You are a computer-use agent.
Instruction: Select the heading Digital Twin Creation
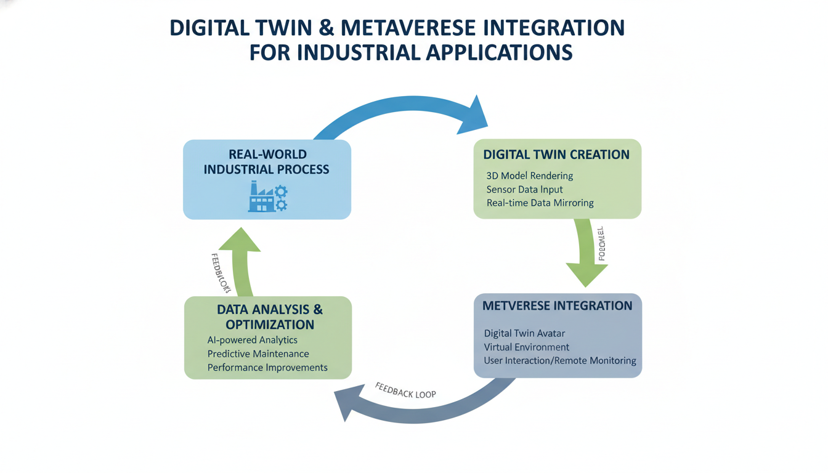click(x=556, y=154)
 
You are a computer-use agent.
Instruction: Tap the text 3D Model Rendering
click(x=530, y=176)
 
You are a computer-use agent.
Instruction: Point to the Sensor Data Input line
click(x=524, y=190)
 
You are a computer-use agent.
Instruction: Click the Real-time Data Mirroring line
click(x=540, y=203)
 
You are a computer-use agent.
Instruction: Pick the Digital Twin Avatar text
click(x=524, y=333)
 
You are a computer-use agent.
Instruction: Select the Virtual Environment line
click(x=527, y=347)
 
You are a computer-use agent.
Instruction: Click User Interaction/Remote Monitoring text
click(x=559, y=360)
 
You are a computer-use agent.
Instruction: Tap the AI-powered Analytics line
click(x=253, y=340)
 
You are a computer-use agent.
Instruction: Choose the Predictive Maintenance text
click(x=258, y=354)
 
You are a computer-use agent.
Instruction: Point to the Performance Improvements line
click(x=267, y=367)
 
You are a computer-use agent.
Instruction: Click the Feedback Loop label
click(x=405, y=390)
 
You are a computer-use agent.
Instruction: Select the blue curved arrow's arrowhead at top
click(x=473, y=116)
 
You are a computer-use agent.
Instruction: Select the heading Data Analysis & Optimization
click(x=269, y=317)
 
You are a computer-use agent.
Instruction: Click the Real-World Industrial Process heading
click(x=267, y=161)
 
